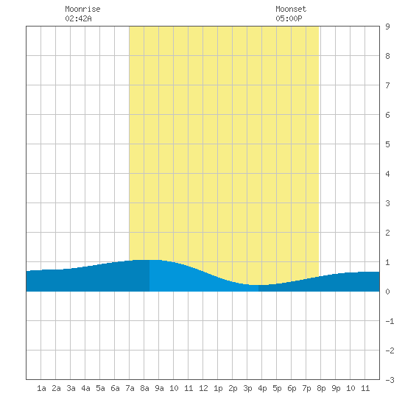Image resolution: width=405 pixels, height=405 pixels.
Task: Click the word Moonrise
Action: (x=82, y=9)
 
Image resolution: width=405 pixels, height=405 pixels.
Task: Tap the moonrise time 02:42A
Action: (x=78, y=18)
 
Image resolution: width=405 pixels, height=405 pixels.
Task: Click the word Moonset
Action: (x=291, y=9)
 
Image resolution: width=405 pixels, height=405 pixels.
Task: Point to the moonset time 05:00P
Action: (x=289, y=18)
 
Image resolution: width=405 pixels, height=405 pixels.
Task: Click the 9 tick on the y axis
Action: (x=387, y=27)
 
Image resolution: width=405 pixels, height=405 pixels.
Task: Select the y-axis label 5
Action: (x=387, y=144)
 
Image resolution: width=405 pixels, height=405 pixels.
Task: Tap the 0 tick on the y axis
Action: (x=387, y=292)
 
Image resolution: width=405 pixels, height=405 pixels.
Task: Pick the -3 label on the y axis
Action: (x=390, y=380)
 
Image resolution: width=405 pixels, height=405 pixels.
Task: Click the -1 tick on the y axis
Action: (x=390, y=321)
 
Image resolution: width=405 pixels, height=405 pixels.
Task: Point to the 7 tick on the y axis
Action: (x=387, y=85)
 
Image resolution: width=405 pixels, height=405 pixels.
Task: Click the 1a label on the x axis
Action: (x=41, y=388)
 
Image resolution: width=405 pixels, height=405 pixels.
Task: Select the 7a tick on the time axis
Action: (x=130, y=388)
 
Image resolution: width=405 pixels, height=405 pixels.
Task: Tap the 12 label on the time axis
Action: (x=203, y=388)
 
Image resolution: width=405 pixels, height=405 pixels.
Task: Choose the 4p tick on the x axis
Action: (x=262, y=388)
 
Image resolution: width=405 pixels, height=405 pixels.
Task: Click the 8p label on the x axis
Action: (x=321, y=388)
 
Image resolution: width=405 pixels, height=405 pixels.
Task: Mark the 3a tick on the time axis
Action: (x=71, y=388)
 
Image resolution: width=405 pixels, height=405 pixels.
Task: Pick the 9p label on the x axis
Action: (x=336, y=388)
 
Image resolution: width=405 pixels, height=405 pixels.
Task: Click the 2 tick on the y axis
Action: (x=387, y=233)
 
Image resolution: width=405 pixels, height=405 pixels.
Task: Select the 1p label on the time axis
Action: (x=218, y=388)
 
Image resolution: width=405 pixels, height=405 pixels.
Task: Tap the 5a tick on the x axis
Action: (x=100, y=388)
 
